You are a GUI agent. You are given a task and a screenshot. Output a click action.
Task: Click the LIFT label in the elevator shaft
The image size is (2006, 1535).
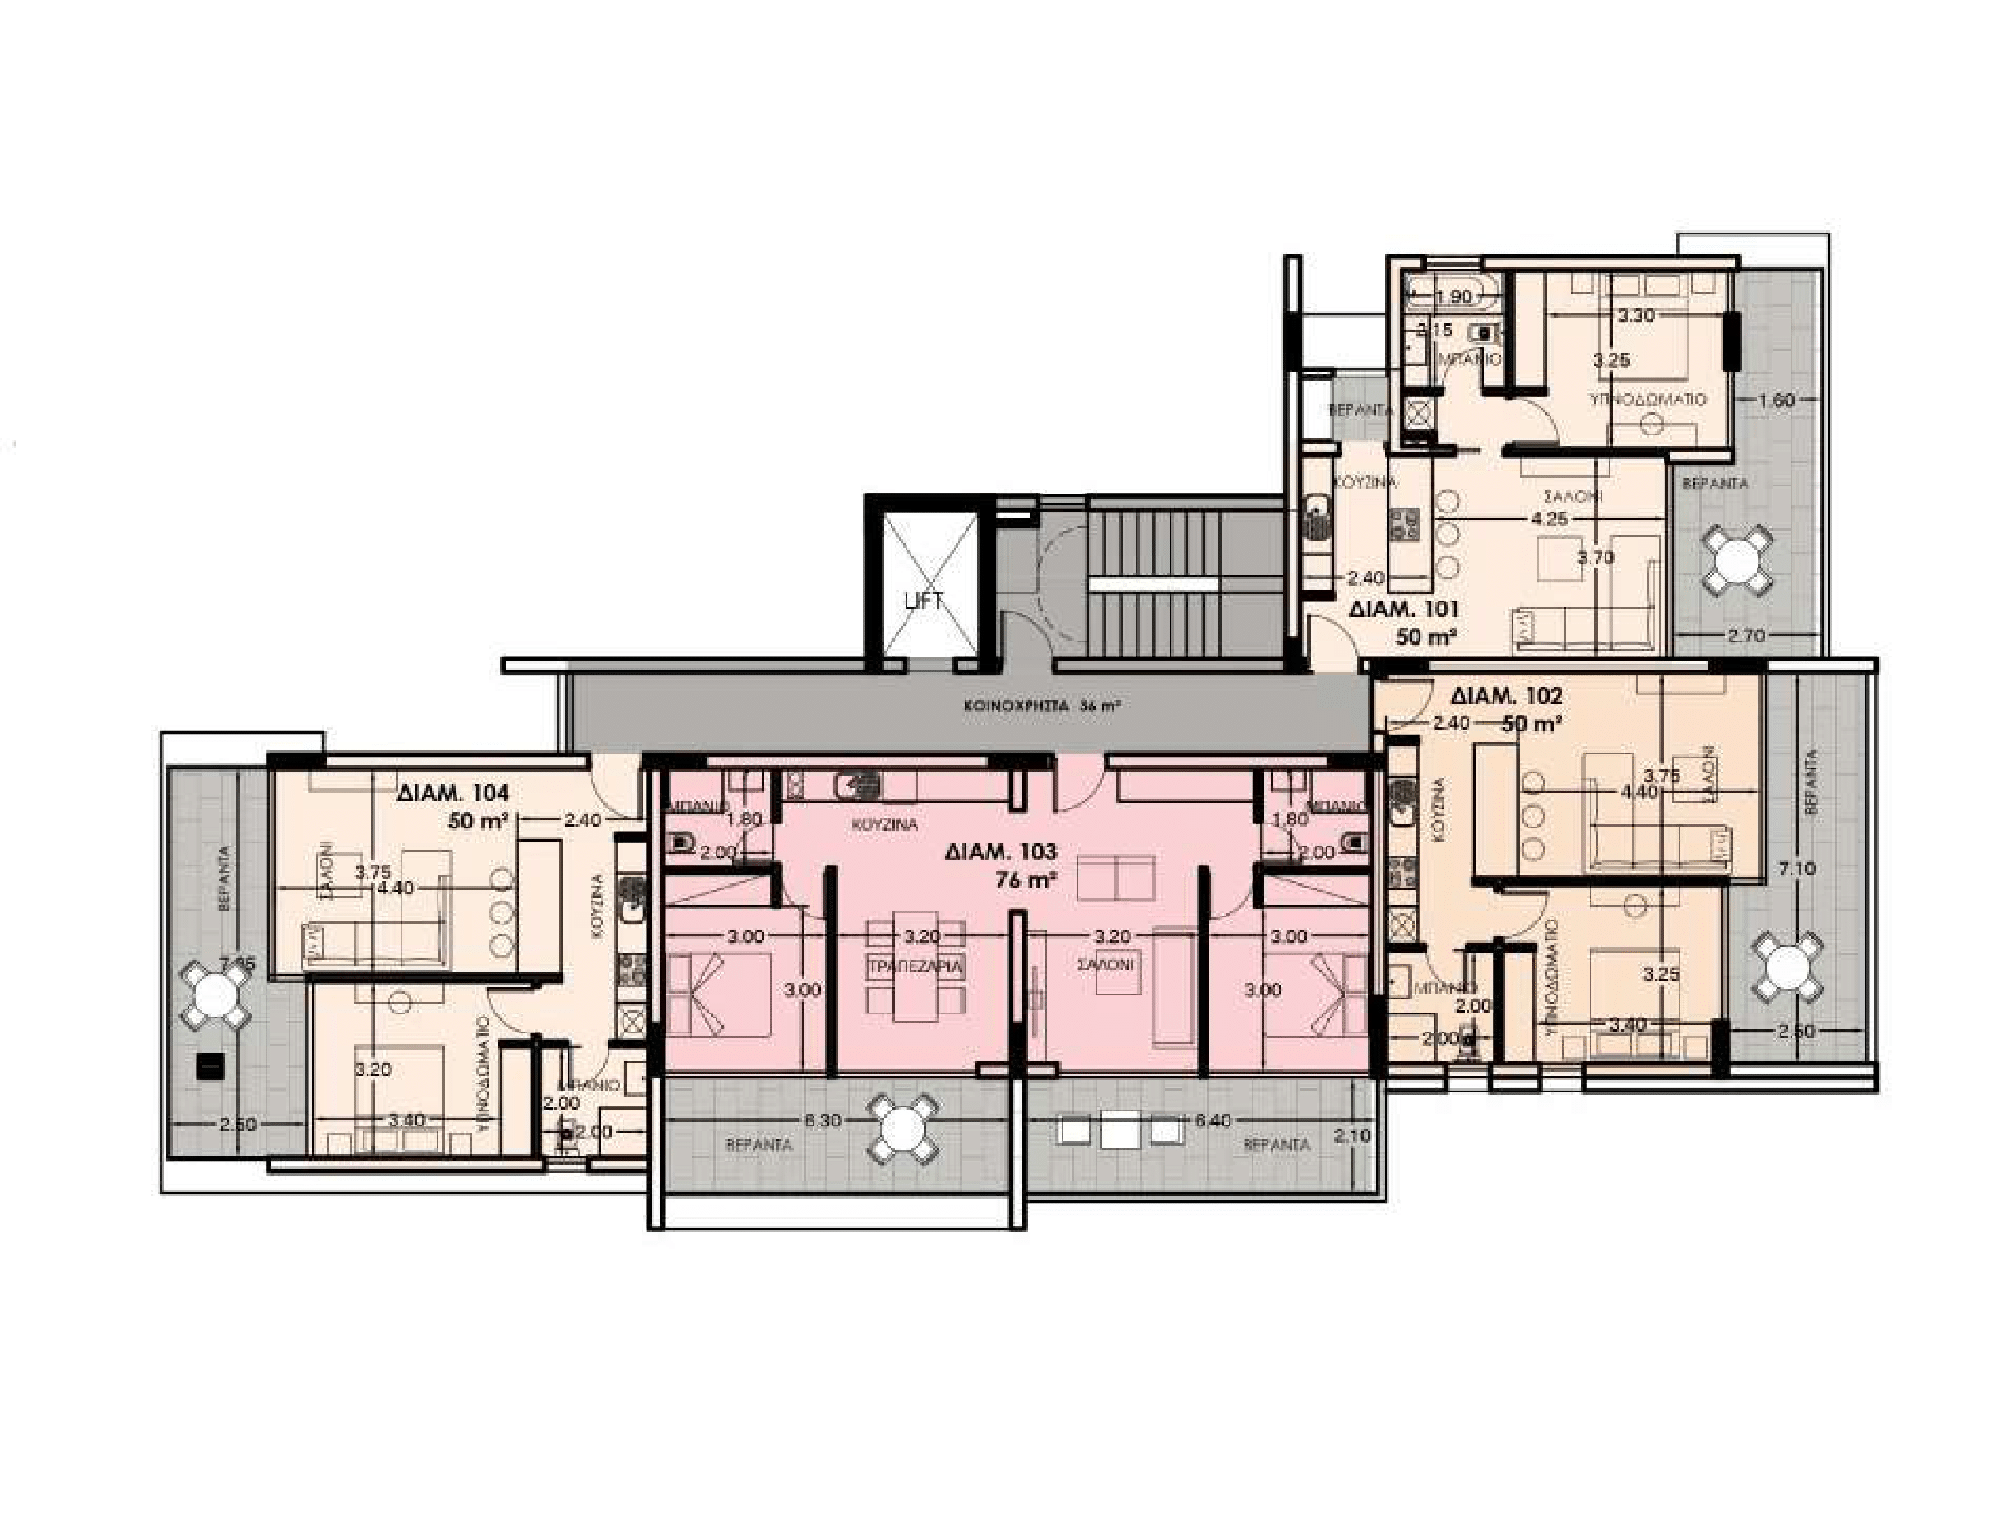[923, 601]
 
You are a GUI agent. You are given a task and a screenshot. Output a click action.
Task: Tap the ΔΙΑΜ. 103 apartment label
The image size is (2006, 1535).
[1000, 851]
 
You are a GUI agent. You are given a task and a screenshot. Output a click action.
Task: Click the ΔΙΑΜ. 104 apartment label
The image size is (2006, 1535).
[453, 793]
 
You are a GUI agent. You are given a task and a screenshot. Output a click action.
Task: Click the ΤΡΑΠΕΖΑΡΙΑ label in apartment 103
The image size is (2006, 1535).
[916, 967]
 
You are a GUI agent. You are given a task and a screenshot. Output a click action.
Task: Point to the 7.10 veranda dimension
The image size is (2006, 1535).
[1798, 868]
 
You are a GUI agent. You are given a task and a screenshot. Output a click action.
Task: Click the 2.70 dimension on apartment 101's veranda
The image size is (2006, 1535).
[1745, 637]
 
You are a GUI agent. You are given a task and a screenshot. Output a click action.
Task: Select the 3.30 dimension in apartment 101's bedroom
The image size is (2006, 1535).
[1635, 316]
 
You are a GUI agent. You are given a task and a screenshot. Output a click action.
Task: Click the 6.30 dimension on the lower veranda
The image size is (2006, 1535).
[824, 1120]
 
